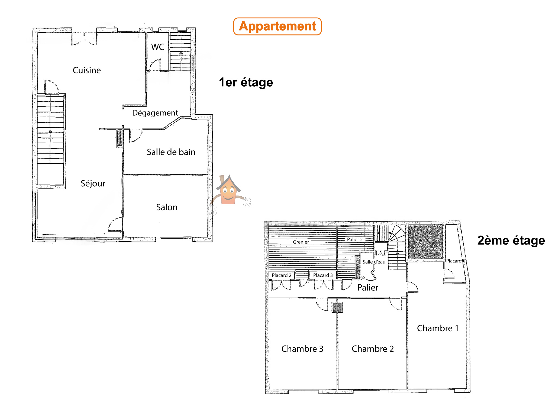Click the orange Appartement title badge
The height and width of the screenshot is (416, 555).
click(x=277, y=26)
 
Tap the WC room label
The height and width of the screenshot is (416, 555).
click(x=158, y=47)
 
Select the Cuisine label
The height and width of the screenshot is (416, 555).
click(x=87, y=70)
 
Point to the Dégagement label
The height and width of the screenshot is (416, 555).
click(x=155, y=113)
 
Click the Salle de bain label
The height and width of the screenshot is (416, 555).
click(x=171, y=152)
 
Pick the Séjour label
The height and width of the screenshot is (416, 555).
click(x=93, y=183)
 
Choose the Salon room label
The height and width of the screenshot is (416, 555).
click(x=167, y=207)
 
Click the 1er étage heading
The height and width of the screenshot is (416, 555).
click(x=246, y=82)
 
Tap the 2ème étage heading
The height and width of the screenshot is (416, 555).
click(x=511, y=240)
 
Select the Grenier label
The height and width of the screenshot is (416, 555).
click(x=301, y=242)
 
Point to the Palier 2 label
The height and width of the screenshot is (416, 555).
click(x=355, y=239)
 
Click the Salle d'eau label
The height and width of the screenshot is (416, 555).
click(x=374, y=262)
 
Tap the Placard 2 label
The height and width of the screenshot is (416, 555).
click(x=282, y=275)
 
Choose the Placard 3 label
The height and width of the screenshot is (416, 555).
click(x=323, y=275)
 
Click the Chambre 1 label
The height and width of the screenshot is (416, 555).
click(x=438, y=328)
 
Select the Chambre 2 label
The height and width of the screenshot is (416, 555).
click(x=373, y=349)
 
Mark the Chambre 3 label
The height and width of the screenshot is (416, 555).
click(x=302, y=349)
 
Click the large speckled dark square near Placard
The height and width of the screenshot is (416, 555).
click(x=425, y=242)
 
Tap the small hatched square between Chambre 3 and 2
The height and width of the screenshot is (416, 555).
click(x=337, y=307)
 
